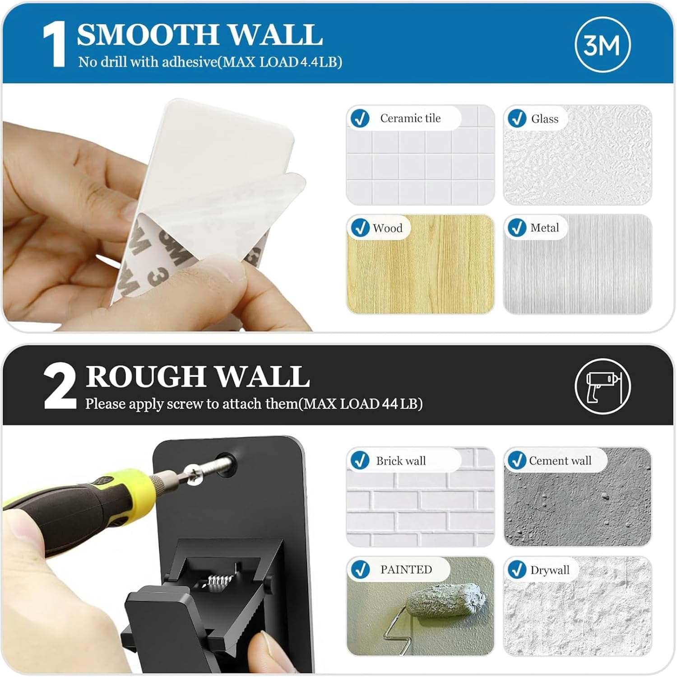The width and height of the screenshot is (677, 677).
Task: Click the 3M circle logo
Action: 602,45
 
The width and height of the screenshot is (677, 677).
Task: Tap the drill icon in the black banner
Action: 603,386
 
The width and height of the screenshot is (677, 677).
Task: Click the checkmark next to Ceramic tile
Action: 360,118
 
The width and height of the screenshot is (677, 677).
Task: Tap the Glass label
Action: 544,119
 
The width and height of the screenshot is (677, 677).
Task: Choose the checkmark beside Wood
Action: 360,228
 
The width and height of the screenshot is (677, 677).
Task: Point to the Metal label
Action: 544,228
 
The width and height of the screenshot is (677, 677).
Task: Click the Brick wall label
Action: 401,461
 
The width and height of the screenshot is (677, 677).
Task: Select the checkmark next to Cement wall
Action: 517,460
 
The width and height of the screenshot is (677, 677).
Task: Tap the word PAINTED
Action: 406,570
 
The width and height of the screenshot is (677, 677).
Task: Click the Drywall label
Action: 550,570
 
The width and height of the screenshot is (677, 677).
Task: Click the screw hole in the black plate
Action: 227,464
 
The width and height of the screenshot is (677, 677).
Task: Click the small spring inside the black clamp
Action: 219,579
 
